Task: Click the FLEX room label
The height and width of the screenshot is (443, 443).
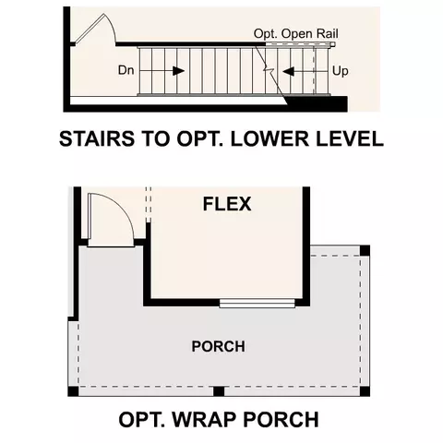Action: pyautogui.click(x=227, y=204)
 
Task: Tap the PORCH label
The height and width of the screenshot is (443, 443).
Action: pyautogui.click(x=219, y=346)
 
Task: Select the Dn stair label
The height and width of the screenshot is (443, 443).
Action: pyautogui.click(x=126, y=70)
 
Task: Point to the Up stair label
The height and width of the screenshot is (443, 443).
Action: pyautogui.click(x=341, y=71)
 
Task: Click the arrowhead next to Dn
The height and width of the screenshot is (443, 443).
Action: pyautogui.click(x=178, y=71)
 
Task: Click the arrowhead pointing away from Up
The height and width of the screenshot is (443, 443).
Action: pyautogui.click(x=289, y=72)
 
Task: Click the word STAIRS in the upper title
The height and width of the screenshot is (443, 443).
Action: pyautogui.click(x=97, y=138)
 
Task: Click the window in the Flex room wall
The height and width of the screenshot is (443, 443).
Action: pyautogui.click(x=257, y=304)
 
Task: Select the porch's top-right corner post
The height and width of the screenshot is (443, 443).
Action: pyautogui.click(x=365, y=250)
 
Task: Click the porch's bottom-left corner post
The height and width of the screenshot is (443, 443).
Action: pyautogui.click(x=73, y=391)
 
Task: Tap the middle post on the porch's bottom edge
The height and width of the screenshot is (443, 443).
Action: pyautogui.click(x=219, y=391)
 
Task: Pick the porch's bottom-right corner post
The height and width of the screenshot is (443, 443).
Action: pyautogui.click(x=365, y=391)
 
